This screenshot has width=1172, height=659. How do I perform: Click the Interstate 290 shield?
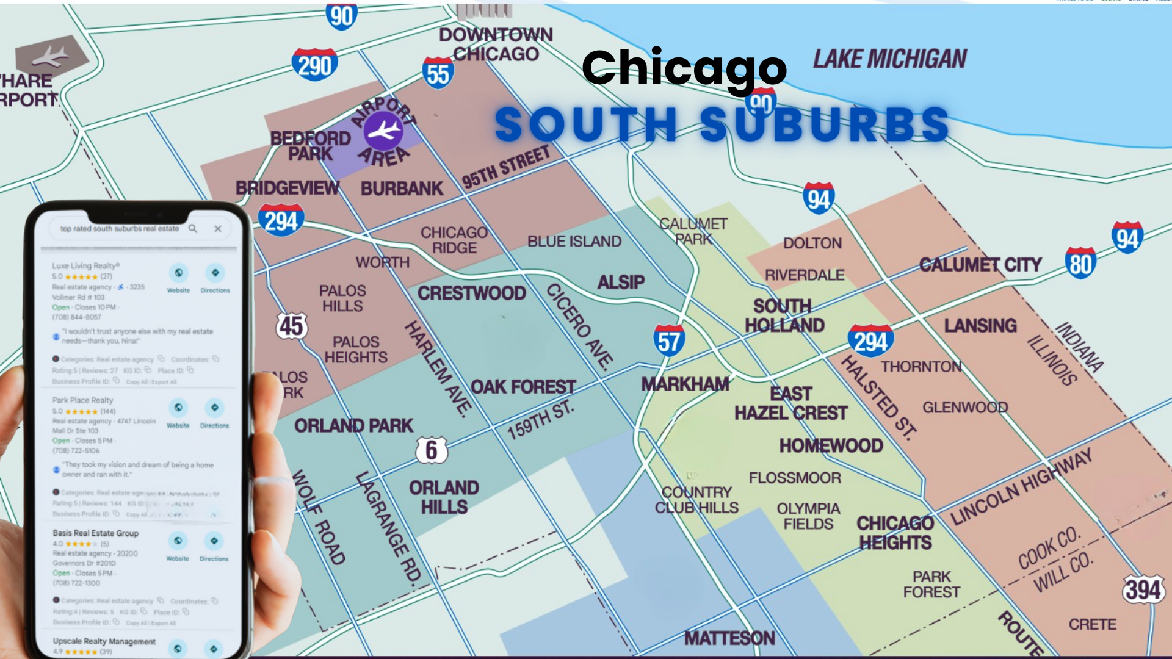(314, 65)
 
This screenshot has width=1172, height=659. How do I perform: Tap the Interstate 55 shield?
(438, 74)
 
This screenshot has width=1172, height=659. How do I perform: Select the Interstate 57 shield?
(668, 340)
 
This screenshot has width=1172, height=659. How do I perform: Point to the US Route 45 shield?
(291, 326)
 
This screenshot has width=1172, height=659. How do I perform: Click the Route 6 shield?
(432, 450)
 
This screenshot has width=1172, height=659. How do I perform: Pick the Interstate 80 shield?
(1080, 264)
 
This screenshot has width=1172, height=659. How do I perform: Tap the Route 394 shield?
(1143, 589)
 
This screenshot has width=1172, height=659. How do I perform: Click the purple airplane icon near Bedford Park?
(384, 131)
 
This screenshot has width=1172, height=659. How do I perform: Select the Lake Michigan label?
(889, 59)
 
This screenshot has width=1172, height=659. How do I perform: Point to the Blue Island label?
(574, 242)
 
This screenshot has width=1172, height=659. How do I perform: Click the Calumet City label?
(980, 265)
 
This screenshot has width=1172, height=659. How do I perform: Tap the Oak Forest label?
(523, 387)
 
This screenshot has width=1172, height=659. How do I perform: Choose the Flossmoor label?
(794, 478)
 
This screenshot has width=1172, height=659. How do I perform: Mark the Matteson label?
(729, 638)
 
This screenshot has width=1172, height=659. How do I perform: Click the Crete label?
(1092, 624)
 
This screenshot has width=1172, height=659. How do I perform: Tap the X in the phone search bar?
(218, 229)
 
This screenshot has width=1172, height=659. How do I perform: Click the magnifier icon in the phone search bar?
(193, 229)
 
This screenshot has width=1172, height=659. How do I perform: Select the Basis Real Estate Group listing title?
(95, 533)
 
